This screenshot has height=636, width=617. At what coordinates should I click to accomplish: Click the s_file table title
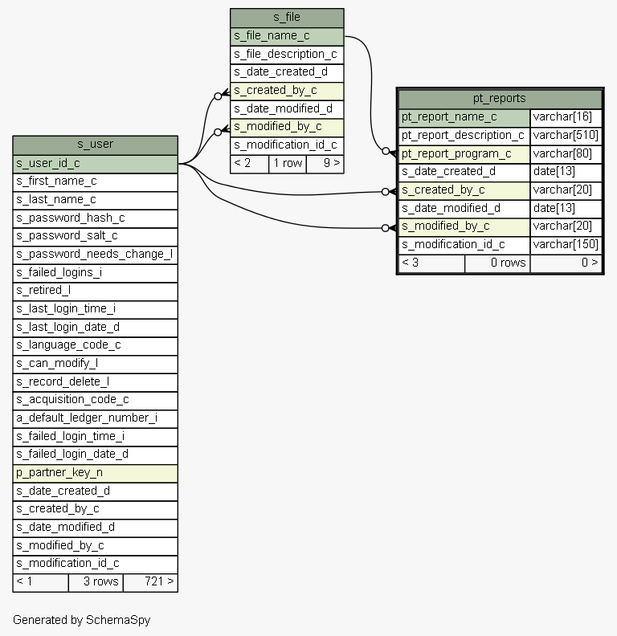click(x=287, y=18)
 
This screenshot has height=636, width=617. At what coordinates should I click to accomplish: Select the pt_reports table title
click(x=500, y=99)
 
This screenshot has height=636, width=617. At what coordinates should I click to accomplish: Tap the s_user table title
click(x=95, y=145)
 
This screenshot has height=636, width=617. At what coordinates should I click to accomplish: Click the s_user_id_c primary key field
click(x=95, y=164)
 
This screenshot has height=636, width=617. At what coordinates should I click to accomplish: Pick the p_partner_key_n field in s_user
click(x=95, y=473)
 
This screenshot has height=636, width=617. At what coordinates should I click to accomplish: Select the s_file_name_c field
click(x=287, y=36)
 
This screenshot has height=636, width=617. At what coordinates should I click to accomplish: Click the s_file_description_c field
click(x=287, y=55)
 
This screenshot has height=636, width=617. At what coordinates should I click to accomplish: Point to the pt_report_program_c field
click(x=464, y=154)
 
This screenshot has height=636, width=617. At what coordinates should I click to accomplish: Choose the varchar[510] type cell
click(x=566, y=136)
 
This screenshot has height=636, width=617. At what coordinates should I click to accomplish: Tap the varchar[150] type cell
click(x=566, y=245)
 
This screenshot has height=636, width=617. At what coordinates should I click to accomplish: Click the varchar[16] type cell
click(x=566, y=117)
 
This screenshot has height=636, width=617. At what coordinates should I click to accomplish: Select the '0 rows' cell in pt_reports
click(x=497, y=263)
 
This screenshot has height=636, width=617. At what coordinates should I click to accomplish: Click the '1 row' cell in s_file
click(x=288, y=164)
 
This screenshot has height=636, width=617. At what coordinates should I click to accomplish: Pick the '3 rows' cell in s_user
click(x=96, y=582)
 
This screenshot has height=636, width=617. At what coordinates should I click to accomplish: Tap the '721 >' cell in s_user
click(x=150, y=582)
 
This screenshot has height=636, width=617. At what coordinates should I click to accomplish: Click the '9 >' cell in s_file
click(x=325, y=164)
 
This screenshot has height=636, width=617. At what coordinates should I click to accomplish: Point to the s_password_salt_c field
click(x=95, y=236)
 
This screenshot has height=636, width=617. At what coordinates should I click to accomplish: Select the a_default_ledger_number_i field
click(x=95, y=418)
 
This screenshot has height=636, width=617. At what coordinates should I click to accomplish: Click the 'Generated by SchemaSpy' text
click(x=82, y=620)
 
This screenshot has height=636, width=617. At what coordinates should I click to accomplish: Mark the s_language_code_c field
click(x=95, y=345)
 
